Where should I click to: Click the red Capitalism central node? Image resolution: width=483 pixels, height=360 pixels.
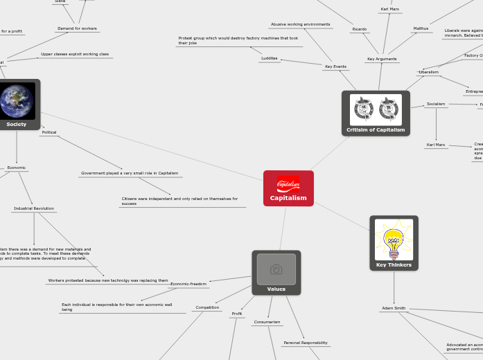click(x=288, y=188)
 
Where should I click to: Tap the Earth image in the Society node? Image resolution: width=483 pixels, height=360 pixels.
click(x=17, y=101)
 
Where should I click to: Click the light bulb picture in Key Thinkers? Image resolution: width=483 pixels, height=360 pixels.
click(x=394, y=240)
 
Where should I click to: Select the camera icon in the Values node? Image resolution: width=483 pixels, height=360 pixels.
click(x=276, y=269)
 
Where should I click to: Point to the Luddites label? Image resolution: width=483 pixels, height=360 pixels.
click(x=269, y=58)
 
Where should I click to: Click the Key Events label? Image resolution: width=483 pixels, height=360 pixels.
click(x=335, y=66)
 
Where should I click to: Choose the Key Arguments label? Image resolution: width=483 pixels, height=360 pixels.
click(x=382, y=59)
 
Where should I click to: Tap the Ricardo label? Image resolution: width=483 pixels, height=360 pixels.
click(x=359, y=29)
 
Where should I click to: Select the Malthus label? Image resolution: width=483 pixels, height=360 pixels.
click(x=421, y=28)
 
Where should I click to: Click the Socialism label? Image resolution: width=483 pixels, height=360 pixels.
click(x=436, y=104)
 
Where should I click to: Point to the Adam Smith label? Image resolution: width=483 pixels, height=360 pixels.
click(x=394, y=308)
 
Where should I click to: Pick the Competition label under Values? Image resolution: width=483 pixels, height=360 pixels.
click(x=207, y=307)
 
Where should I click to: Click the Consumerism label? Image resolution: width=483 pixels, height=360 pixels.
click(x=267, y=322)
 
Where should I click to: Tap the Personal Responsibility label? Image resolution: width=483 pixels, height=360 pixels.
click(x=306, y=343)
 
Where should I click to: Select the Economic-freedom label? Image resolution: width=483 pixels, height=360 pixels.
click(x=188, y=284)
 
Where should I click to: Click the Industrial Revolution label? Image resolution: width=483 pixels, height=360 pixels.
click(x=34, y=208)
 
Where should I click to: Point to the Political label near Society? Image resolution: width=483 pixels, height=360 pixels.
click(x=49, y=132)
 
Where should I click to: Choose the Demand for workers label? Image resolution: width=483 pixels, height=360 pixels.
click(x=77, y=28)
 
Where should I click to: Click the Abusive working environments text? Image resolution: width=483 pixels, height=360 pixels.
click(x=300, y=24)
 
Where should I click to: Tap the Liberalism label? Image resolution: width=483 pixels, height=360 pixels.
click(x=428, y=72)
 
